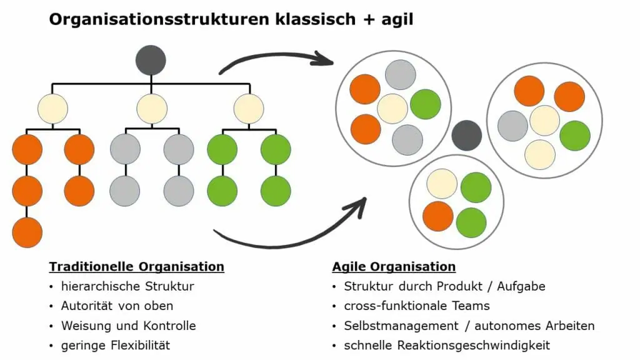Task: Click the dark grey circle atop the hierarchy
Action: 151,61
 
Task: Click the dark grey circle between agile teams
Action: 466,136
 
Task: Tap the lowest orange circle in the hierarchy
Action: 27,232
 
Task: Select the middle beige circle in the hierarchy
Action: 152,108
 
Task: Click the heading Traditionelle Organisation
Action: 136,267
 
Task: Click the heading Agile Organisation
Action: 394,267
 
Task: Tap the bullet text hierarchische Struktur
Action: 127,287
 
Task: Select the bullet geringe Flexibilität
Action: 116,345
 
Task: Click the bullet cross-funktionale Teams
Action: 417,306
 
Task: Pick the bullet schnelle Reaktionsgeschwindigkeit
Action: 447,345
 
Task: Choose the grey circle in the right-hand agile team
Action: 512,126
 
